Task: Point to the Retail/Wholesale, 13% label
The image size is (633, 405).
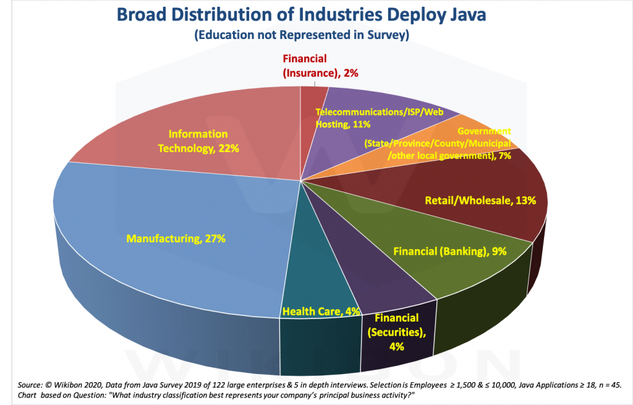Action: coord(480,200)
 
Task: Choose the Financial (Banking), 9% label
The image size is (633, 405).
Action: coord(450,251)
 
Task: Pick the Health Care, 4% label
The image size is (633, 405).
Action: coord(321,311)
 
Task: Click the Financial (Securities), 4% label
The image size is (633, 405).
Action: coord(396,332)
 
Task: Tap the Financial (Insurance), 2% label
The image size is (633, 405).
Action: coord(320,66)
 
